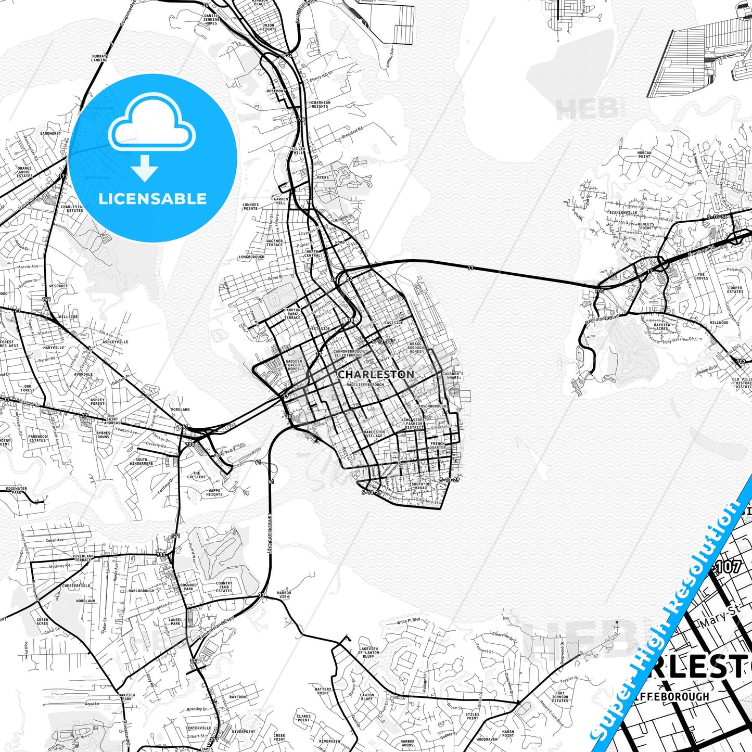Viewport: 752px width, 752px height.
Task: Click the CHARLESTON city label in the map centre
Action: (376, 375)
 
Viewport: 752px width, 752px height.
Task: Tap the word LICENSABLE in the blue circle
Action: (152, 199)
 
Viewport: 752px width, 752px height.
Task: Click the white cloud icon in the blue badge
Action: (152, 123)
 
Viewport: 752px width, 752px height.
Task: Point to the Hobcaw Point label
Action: (644, 155)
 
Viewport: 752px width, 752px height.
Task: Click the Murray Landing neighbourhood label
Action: (99, 58)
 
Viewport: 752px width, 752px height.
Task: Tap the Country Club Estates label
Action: (224, 587)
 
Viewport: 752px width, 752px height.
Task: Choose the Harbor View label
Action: (284, 594)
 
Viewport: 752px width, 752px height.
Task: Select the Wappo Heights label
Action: (214, 492)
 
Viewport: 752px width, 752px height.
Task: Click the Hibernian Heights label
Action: (320, 104)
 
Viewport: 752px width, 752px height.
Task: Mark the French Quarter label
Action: (437, 445)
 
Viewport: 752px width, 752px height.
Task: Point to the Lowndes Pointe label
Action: (250, 207)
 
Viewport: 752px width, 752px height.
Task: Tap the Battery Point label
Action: (323, 691)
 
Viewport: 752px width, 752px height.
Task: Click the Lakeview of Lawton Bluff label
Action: (368, 653)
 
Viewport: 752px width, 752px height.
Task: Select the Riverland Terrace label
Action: (83, 558)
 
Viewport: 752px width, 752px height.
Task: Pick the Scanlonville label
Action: (623, 212)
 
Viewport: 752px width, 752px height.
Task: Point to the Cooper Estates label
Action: (735, 289)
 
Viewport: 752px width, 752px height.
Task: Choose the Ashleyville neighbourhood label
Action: (115, 342)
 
